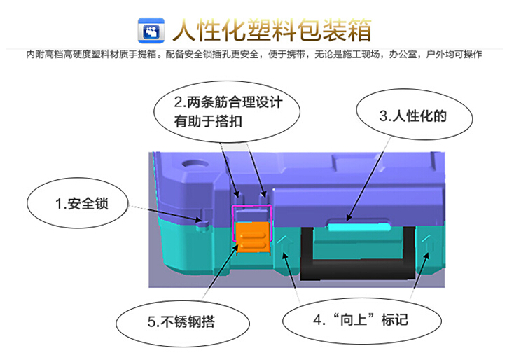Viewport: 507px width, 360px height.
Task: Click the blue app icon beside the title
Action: pyautogui.click(x=151, y=30)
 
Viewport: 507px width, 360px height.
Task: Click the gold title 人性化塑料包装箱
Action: pyautogui.click(x=272, y=30)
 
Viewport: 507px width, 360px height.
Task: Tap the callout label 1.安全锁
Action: pyautogui.click(x=82, y=204)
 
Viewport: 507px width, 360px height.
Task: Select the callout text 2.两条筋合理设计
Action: pyautogui.click(x=228, y=102)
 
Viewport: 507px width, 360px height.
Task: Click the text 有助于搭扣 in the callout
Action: pyautogui.click(x=208, y=121)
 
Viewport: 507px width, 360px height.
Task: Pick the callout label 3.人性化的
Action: pyautogui.click(x=413, y=116)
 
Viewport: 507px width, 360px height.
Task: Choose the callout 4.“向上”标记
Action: pyautogui.click(x=361, y=319)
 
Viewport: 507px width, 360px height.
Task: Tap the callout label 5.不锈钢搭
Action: pyautogui.click(x=181, y=321)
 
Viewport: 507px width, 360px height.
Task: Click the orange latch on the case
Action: pyautogui.click(x=253, y=237)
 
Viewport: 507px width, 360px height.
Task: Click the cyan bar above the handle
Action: pyautogui.click(x=360, y=227)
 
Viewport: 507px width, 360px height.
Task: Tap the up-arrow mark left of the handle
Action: pyautogui.click(x=283, y=243)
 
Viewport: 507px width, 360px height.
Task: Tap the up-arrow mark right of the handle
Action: pyautogui.click(x=428, y=243)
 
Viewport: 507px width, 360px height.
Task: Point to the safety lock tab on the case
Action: pyautogui.click(x=203, y=223)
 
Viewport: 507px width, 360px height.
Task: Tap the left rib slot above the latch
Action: pyautogui.click(x=237, y=193)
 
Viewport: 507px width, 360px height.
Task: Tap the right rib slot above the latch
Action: pyautogui.click(x=263, y=193)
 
